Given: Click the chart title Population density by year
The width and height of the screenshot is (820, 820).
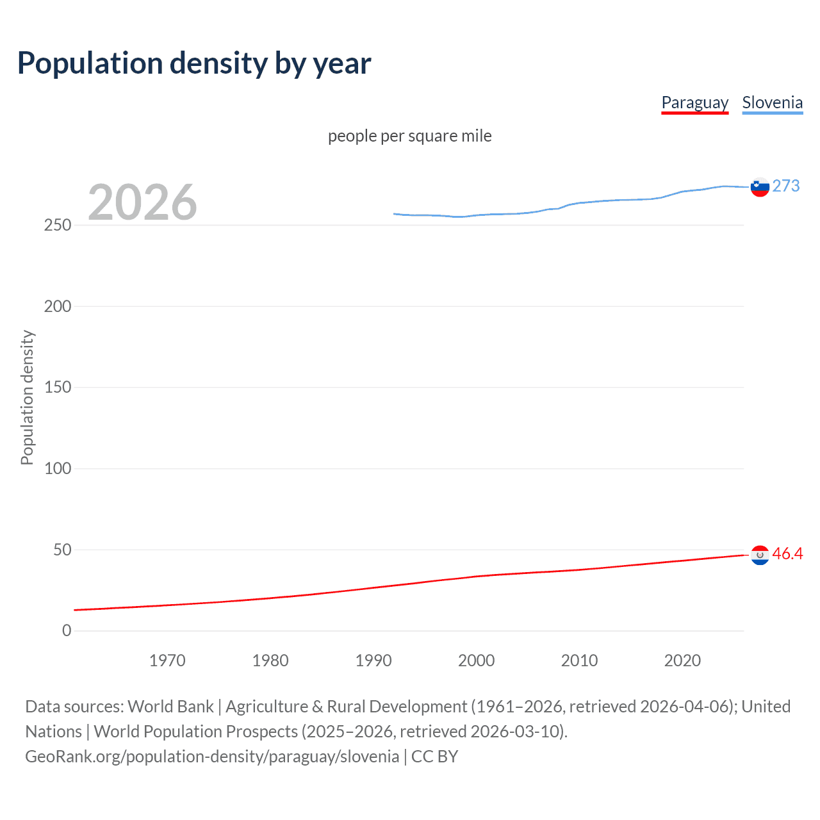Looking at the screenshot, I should point(194,63).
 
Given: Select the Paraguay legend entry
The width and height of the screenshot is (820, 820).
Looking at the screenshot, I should point(694,102).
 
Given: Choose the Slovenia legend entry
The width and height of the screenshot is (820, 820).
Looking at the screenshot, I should point(772,102).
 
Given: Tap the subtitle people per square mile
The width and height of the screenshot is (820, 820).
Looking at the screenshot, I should point(409,136).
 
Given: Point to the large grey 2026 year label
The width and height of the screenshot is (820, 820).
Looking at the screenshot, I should point(142,202).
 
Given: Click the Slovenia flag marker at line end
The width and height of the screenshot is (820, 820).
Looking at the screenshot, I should point(760,187).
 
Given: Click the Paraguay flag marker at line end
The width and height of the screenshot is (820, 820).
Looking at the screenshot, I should point(760,555).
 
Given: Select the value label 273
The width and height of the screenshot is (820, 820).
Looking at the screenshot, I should point(785,186).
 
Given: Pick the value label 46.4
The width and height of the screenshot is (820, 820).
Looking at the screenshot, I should point(787,553).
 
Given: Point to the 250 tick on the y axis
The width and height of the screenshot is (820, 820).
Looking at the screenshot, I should point(58,225).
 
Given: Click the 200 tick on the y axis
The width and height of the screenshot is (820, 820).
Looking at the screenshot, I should point(58,306).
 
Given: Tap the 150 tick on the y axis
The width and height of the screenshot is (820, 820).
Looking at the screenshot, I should point(58,387).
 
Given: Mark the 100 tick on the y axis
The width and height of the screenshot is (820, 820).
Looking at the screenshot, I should point(58,468).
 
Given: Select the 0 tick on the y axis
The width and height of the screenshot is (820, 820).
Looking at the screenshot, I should point(67,630).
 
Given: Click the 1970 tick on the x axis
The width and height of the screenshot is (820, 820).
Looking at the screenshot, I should point(167,660).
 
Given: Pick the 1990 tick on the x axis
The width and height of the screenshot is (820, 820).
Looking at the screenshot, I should point(373,660).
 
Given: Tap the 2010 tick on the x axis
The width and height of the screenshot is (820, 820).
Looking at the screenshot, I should point(579,660).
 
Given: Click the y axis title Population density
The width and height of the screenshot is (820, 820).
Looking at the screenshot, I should point(27,397).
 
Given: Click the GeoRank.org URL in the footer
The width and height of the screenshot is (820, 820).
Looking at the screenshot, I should point(212,757).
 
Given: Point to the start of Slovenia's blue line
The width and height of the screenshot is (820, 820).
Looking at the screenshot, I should point(395,214).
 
